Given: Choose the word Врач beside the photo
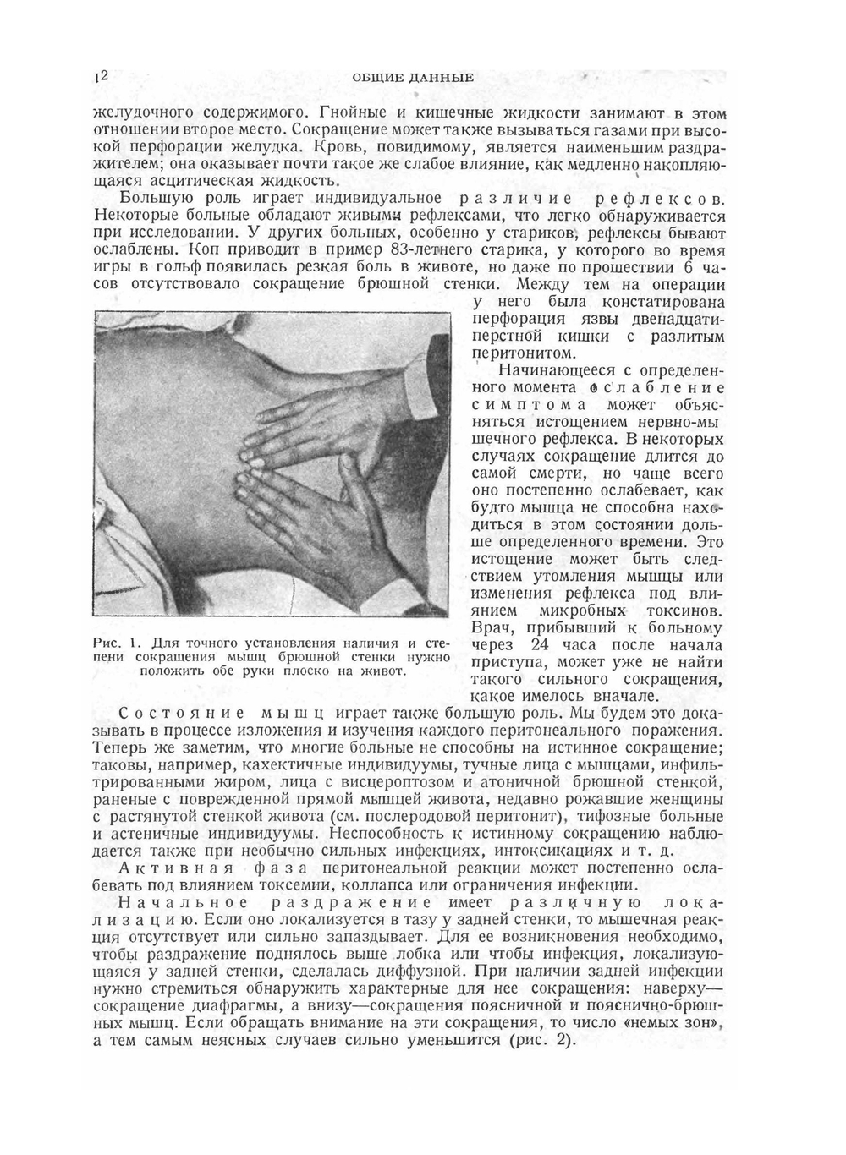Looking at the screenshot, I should [x=491, y=628].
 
